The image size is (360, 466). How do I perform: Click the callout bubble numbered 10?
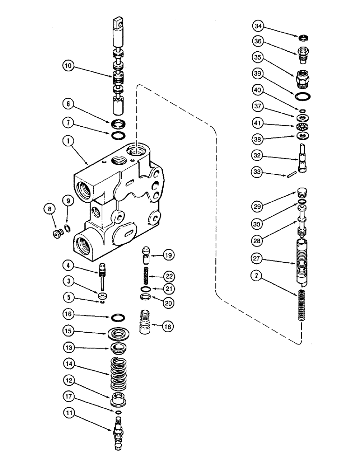(68, 66)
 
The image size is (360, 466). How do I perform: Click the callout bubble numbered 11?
(68, 412)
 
